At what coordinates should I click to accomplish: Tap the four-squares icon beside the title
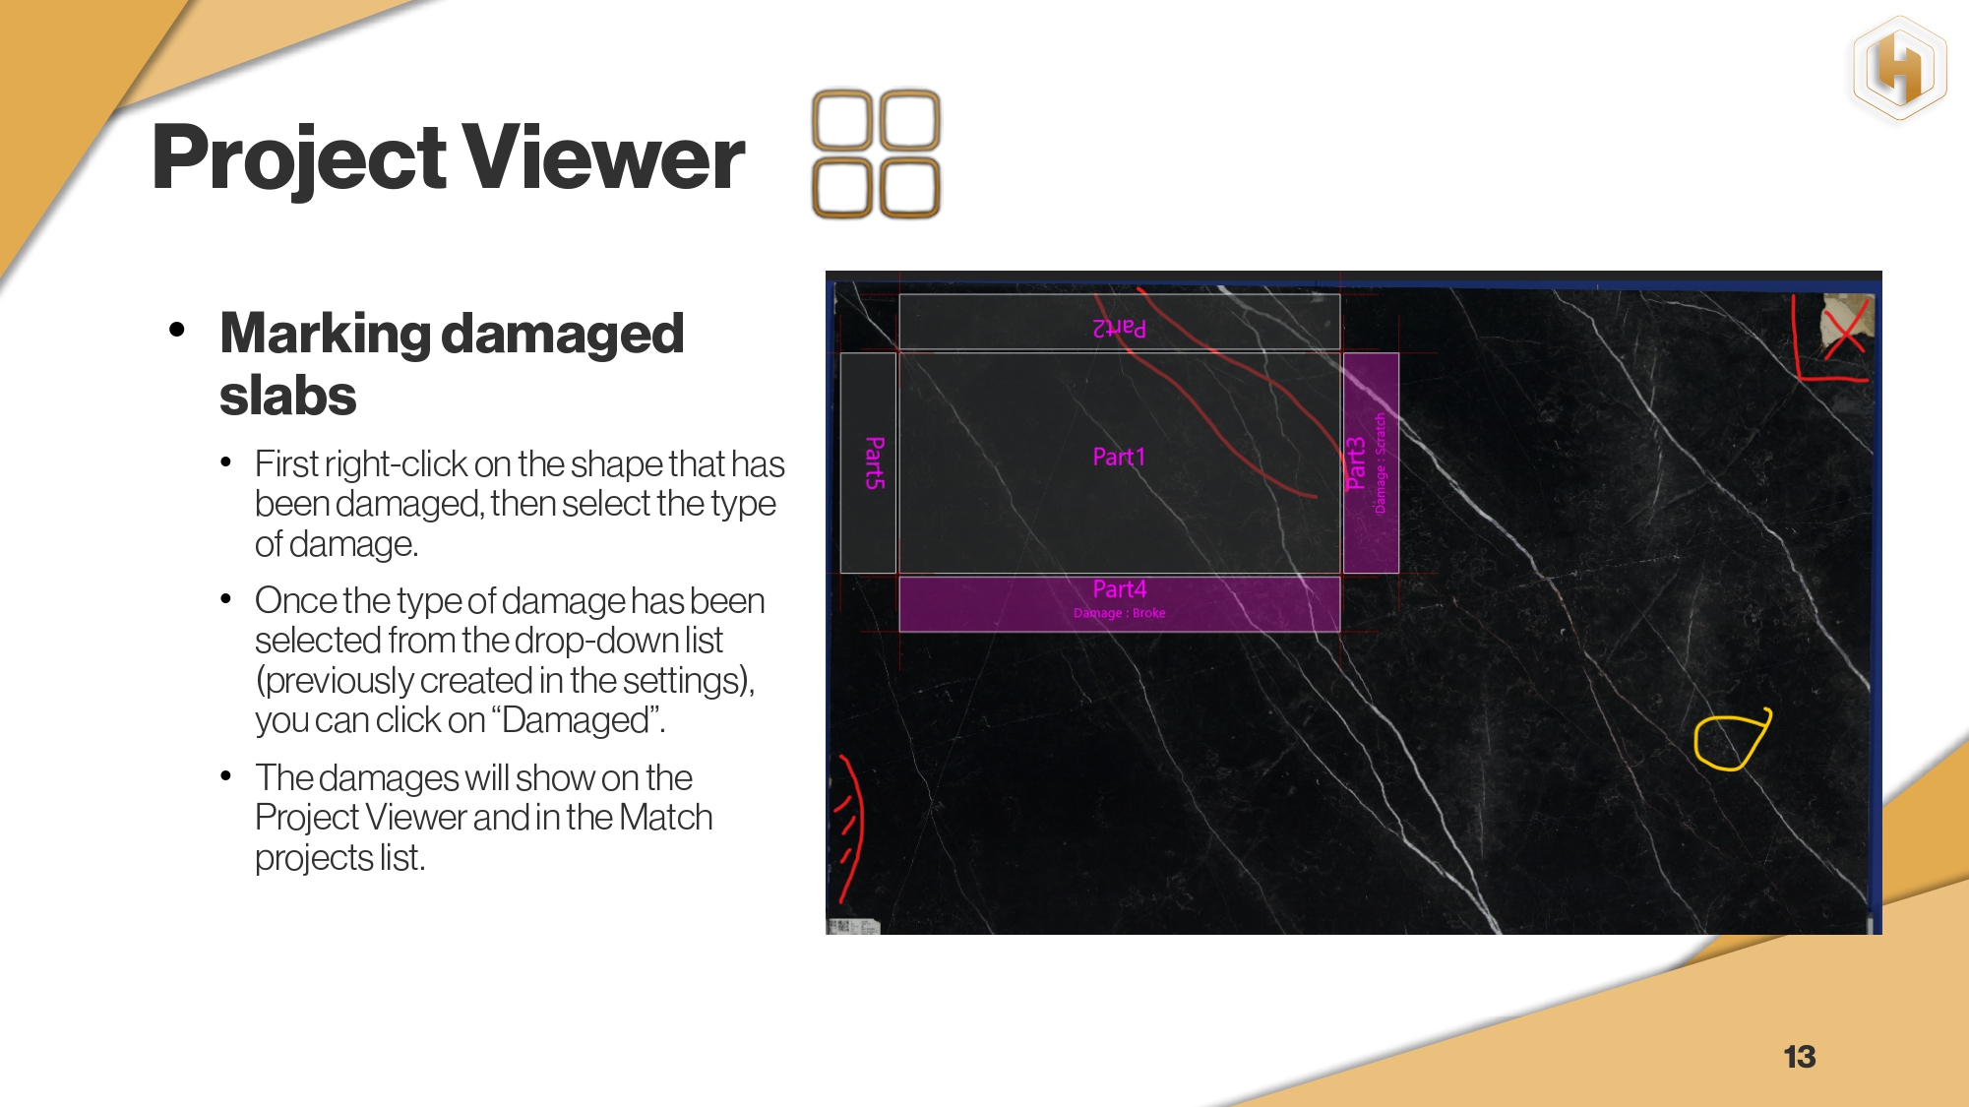[876, 154]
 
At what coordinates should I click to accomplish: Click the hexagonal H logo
[1899, 69]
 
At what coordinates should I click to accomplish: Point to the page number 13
[1800, 1057]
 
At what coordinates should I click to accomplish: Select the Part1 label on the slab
[1119, 457]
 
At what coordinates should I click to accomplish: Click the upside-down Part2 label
[1119, 328]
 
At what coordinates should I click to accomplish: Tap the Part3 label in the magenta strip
[1356, 463]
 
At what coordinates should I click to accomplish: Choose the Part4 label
[1120, 588]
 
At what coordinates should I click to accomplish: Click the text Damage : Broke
[1120, 613]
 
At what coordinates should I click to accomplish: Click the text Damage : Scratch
[1380, 463]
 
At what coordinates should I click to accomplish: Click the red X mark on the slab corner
[1845, 328]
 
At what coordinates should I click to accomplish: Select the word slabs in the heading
[287, 396]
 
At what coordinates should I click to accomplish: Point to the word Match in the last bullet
[666, 818]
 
